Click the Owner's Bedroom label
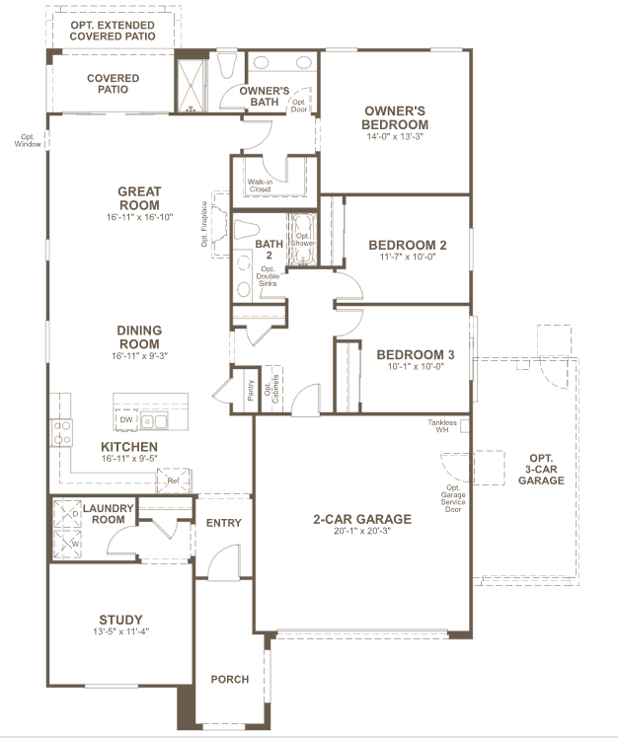click(x=395, y=117)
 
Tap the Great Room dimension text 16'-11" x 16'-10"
click(x=139, y=217)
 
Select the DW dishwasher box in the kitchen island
click(x=126, y=419)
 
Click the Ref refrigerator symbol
click(x=174, y=480)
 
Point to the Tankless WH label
click(x=442, y=426)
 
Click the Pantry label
click(x=250, y=390)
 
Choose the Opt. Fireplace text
click(x=204, y=224)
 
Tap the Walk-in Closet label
click(x=260, y=185)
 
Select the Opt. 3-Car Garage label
click(x=541, y=470)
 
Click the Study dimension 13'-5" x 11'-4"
click(x=121, y=631)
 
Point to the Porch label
click(x=230, y=679)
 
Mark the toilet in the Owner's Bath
click(x=227, y=66)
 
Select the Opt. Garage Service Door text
click(x=453, y=498)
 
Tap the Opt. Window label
click(x=28, y=141)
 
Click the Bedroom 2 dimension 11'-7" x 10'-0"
click(x=408, y=257)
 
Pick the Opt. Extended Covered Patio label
click(x=113, y=31)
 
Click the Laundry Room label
click(x=109, y=513)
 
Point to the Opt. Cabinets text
click(x=271, y=389)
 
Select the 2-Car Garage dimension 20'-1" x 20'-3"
click(x=362, y=531)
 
